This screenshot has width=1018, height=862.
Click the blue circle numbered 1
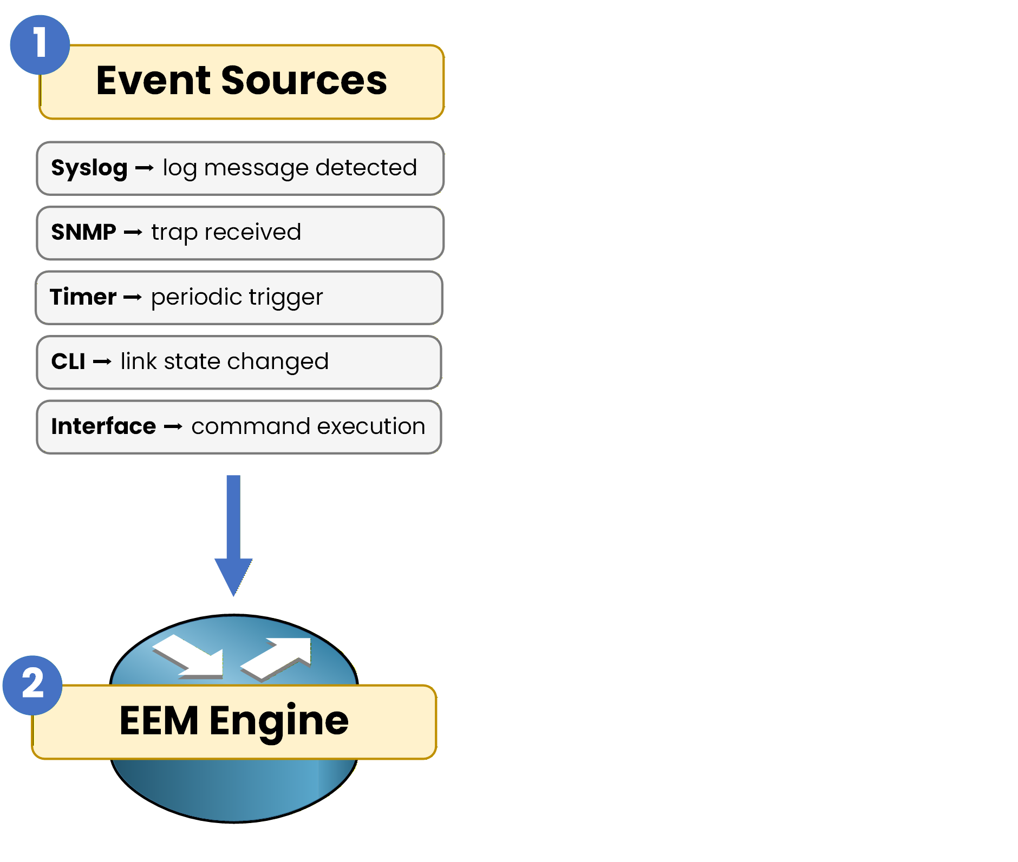point(40,45)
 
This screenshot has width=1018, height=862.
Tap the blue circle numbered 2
point(32,685)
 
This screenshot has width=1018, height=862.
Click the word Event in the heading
point(153,81)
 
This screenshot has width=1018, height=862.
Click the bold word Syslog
point(89,168)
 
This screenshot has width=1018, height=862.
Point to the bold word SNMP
point(83,232)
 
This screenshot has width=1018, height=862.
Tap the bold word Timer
point(83,297)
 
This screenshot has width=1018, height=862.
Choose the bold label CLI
point(68,361)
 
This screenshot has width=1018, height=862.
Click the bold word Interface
point(103,426)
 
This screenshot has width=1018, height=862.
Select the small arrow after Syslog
point(145,169)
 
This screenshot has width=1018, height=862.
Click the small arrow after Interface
point(173,427)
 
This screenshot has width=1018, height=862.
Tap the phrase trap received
point(226,233)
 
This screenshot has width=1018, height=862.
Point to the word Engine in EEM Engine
point(279,722)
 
